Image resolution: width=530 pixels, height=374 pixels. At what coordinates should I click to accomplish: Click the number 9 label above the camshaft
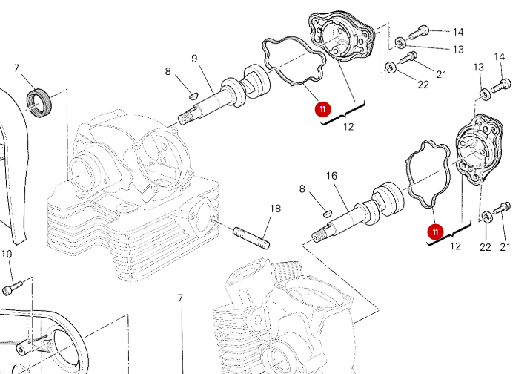(194, 59)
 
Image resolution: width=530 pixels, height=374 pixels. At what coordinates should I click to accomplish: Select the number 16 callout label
(331, 176)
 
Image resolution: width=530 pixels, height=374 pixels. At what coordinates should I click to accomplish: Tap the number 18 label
(275, 209)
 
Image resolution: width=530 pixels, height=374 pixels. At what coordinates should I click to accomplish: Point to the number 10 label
(7, 255)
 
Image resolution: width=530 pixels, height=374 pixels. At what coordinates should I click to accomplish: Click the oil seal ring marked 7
(41, 102)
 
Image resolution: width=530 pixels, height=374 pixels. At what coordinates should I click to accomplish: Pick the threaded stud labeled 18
(252, 237)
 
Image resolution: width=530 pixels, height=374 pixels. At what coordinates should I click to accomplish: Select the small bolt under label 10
(13, 285)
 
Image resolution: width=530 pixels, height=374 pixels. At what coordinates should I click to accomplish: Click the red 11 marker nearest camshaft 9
(322, 109)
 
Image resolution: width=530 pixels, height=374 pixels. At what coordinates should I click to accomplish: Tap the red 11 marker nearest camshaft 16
(435, 232)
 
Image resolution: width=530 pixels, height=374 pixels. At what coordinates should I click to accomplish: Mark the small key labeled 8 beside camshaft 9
(190, 94)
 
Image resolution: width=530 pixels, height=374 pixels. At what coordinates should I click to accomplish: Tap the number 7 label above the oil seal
(16, 68)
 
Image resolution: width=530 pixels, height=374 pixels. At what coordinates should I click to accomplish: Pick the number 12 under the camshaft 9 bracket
(348, 126)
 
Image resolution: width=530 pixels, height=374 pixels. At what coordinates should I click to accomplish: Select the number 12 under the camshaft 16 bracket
(455, 246)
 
